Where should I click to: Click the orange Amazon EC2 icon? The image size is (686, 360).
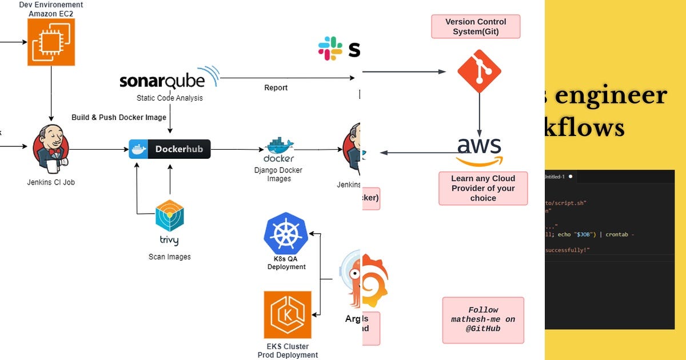pos(51,42)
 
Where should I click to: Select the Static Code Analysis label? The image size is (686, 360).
pos(169,98)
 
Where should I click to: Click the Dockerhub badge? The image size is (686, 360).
pos(170,149)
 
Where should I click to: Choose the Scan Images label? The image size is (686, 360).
pos(170,257)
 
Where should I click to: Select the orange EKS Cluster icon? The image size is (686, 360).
pos(288,315)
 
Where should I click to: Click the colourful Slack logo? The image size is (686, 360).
pos(330,49)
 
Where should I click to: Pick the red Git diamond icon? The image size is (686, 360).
pos(479,71)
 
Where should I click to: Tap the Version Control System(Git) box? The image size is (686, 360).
pos(476,26)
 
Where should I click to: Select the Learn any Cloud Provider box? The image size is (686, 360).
pos(483,188)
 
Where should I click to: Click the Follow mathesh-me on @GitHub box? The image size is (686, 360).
pos(483,319)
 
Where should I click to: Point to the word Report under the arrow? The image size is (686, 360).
pos(276,88)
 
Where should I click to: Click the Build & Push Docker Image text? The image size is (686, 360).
pos(119,118)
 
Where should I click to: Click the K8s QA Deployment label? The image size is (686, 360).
pos(286,263)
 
